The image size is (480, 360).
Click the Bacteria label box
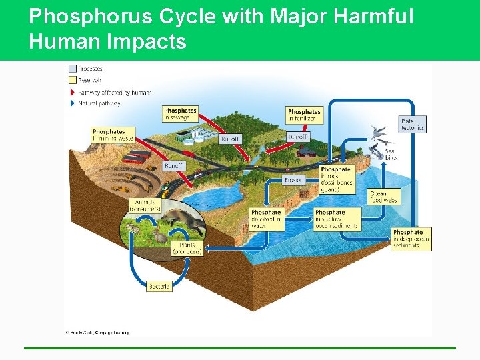(x=159, y=286)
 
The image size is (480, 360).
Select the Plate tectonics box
(x=412, y=124)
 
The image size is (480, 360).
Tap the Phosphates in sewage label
(x=180, y=114)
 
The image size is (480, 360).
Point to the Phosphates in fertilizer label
(x=304, y=115)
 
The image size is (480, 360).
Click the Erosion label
(x=293, y=180)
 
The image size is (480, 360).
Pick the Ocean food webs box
(x=383, y=197)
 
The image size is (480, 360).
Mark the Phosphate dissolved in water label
(x=266, y=219)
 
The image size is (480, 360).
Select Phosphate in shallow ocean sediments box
(x=337, y=219)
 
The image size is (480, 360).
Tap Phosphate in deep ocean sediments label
(x=411, y=239)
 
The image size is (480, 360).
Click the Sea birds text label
(x=391, y=155)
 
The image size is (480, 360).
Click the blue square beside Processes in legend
(x=72, y=69)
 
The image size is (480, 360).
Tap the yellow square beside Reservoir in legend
(x=72, y=80)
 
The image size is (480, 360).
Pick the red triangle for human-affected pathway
(x=72, y=92)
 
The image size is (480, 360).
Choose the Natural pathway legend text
(x=99, y=103)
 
